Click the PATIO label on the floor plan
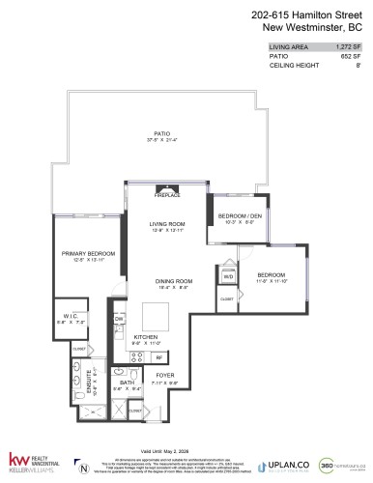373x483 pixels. pyautogui.click(x=160, y=134)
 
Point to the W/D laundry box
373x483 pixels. pyautogui.click(x=229, y=276)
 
